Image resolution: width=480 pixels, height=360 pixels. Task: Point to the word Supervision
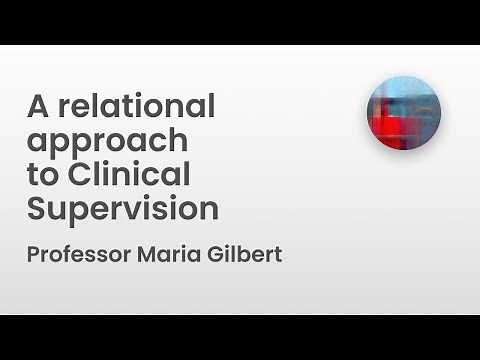click(x=123, y=210)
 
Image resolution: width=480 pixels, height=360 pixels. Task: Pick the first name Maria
click(x=168, y=254)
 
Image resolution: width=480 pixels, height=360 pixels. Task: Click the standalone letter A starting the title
click(x=38, y=106)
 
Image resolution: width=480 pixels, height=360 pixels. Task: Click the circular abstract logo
click(x=403, y=112)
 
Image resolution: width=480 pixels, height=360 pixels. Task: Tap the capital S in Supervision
click(x=37, y=210)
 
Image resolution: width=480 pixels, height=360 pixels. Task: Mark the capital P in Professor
click(x=33, y=254)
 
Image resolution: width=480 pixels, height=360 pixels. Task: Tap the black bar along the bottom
click(x=240, y=337)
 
